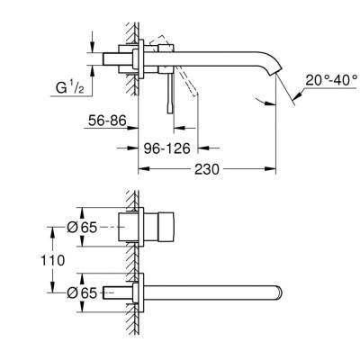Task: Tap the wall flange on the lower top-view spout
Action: pos(136,291)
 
